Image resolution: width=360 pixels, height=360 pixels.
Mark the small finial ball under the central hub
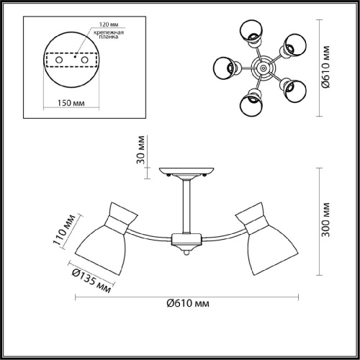pyautogui.click(x=186, y=251)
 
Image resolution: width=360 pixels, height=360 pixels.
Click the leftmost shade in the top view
pyautogui.click(x=225, y=69)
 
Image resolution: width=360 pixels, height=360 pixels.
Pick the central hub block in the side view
pyautogui.click(x=186, y=240)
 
